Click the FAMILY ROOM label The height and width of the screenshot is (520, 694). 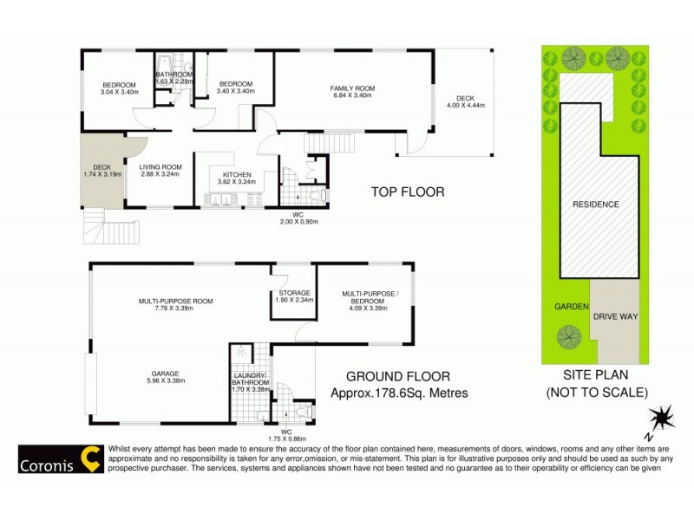click(x=351, y=88)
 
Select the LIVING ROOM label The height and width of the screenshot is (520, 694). click(x=160, y=167)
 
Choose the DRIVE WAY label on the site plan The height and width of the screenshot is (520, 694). click(x=615, y=317)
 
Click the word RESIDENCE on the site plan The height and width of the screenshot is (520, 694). click(x=595, y=205)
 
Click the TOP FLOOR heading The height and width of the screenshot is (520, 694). click(x=408, y=192)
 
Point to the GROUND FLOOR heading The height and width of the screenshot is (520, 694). click(x=398, y=376)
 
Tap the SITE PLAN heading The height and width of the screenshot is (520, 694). click(x=595, y=376)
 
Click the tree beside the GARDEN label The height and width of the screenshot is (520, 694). click(x=569, y=335)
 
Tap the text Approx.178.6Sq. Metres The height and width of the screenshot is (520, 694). click(x=400, y=393)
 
